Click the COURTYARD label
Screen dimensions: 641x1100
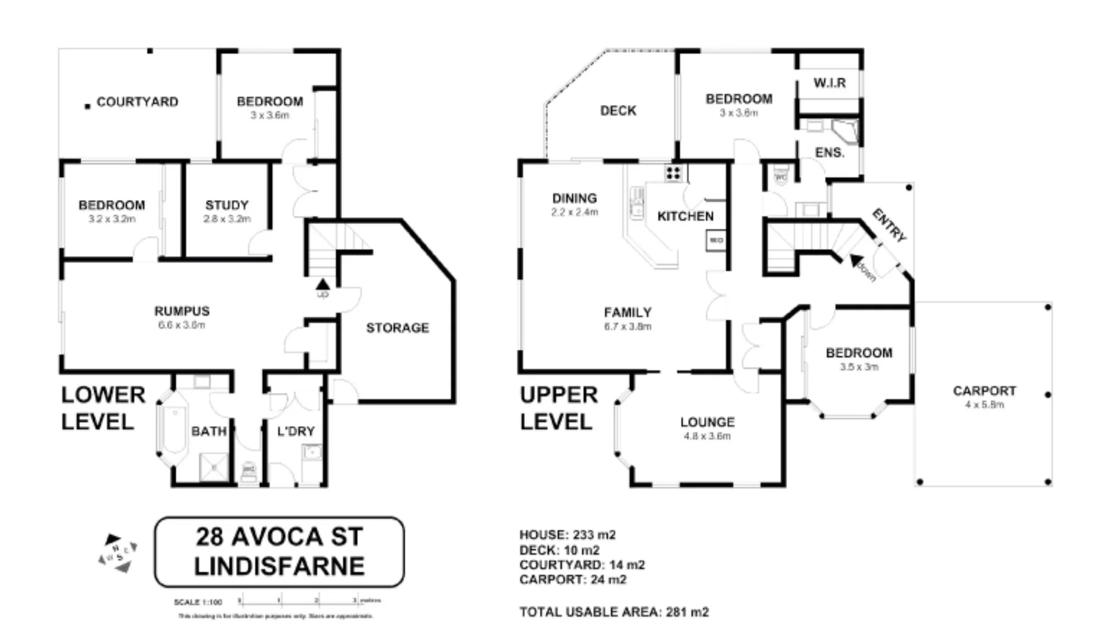137,102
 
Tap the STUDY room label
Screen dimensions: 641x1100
227,205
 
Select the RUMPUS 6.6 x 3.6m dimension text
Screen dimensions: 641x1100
182,325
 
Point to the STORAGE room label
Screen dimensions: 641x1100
397,328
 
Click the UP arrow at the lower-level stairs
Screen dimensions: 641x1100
322,286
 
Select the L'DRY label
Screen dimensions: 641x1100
296,431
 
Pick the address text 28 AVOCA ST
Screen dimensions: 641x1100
279,537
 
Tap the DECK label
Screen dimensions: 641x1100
618,111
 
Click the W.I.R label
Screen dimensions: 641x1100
829,83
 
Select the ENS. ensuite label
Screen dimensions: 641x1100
829,153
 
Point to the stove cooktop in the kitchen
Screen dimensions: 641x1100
673,173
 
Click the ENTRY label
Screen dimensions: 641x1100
889,225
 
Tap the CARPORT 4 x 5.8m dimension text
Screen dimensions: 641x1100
984,405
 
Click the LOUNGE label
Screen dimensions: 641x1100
707,422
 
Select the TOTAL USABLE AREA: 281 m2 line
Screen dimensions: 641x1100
614,612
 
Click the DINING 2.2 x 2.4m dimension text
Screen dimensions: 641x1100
574,212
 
